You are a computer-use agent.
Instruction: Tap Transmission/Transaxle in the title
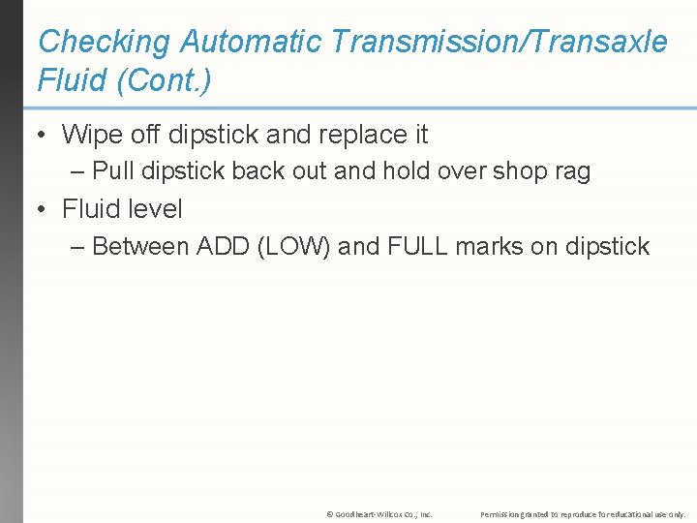click(500, 42)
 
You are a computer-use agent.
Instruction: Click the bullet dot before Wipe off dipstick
click(43, 134)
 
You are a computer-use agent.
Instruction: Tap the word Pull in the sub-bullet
click(113, 171)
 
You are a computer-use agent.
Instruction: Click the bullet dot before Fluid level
click(43, 209)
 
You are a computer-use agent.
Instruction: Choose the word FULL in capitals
click(417, 247)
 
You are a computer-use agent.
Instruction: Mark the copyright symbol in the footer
click(330, 514)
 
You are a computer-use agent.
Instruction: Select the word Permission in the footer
click(501, 514)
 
